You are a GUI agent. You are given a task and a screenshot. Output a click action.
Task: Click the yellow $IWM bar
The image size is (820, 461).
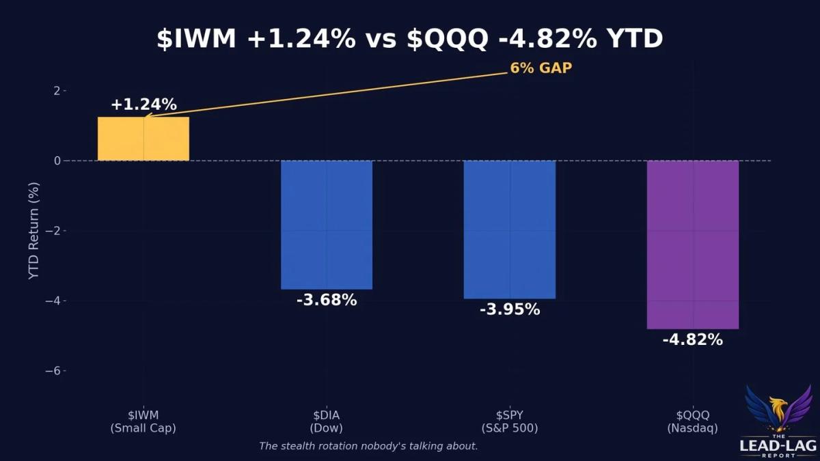(143, 139)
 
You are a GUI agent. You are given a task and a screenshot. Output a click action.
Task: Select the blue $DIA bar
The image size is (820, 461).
(326, 225)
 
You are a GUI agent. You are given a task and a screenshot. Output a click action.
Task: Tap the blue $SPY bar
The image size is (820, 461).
(509, 229)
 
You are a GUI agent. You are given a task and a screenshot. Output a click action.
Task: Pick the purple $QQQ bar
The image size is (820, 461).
(692, 245)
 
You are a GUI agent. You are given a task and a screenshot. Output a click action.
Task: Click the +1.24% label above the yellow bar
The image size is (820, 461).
(143, 104)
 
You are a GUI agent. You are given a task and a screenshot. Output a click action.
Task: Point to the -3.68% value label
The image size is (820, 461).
(326, 300)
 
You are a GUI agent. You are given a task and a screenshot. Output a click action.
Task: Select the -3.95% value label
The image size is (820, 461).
(509, 309)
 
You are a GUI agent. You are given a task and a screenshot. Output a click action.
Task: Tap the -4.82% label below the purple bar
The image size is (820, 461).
(692, 339)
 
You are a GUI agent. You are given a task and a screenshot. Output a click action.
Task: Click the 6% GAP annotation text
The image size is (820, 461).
(541, 68)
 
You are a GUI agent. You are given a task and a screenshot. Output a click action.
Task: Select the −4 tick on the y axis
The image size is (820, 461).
(53, 301)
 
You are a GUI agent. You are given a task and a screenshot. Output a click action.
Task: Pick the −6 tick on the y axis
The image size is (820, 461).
(53, 371)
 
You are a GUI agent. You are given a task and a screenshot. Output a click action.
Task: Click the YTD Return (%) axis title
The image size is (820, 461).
(34, 231)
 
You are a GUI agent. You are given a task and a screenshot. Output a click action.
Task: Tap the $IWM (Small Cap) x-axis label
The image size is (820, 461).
(143, 421)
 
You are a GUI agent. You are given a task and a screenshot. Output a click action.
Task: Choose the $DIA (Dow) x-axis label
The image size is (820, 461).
(326, 421)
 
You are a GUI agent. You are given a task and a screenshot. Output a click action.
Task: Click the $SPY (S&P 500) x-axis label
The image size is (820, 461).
(509, 421)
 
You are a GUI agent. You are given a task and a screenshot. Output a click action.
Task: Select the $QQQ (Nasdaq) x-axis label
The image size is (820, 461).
(692, 421)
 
